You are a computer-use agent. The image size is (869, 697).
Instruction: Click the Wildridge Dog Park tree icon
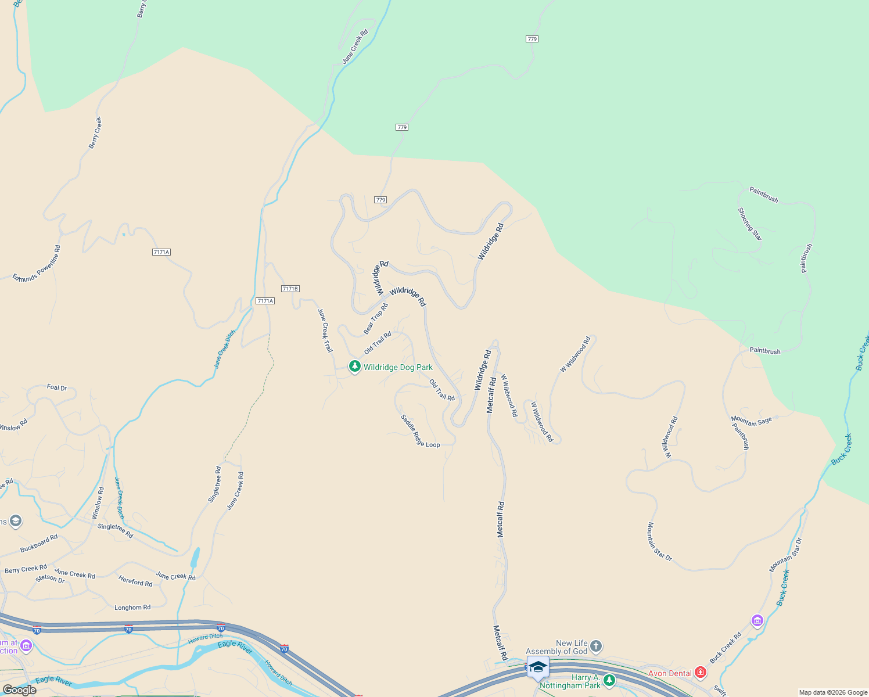coord(354,367)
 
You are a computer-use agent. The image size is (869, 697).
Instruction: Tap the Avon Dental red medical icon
coord(701,673)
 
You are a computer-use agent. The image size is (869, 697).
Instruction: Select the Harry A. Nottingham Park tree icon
coord(609,680)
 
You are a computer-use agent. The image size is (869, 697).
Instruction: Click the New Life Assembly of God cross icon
coord(596,646)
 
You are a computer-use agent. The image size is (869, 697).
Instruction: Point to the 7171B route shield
coord(290,289)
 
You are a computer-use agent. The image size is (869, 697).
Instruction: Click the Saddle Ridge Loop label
coord(420,431)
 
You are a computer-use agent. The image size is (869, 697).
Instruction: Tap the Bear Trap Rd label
coord(375,318)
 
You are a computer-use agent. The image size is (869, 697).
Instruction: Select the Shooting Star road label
coord(749,224)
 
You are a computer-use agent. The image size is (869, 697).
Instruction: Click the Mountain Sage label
coord(751,421)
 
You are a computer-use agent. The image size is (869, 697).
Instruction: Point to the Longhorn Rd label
coord(132,608)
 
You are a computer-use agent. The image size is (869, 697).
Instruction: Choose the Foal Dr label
coord(57,387)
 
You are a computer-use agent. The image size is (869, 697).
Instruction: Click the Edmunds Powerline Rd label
coord(37,264)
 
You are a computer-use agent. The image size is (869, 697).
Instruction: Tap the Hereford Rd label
coord(135,581)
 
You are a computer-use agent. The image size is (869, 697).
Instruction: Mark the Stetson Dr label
coord(50,579)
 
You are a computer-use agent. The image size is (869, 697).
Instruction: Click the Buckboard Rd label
coord(39,543)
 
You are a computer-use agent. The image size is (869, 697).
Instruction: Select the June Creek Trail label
coord(325,330)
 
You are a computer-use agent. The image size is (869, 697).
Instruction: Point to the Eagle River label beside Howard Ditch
coord(235,647)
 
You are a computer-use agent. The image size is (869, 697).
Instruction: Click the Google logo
coord(19,690)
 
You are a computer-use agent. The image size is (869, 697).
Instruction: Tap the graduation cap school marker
coord(538,668)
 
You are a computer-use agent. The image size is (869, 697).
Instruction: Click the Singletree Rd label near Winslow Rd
coord(115,530)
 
